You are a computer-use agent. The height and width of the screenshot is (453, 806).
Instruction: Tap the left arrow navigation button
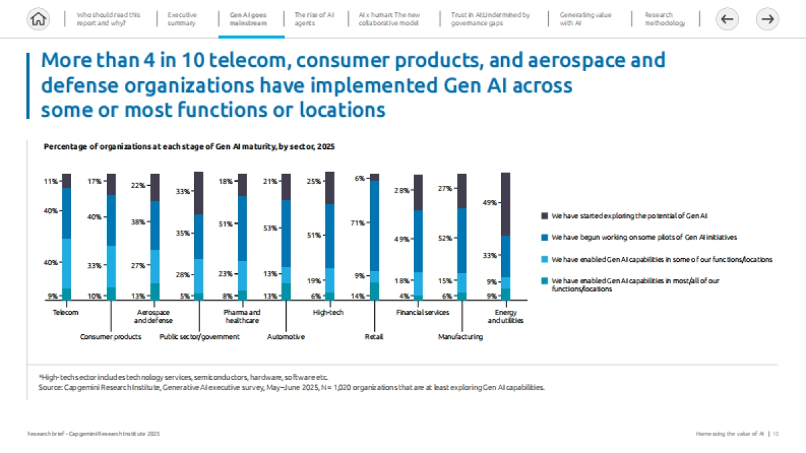click(726, 19)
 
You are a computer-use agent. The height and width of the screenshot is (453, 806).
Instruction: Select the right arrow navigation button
click(767, 19)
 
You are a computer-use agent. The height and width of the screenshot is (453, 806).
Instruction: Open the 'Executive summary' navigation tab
click(182, 19)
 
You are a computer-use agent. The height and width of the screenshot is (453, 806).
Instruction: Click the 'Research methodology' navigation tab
click(665, 19)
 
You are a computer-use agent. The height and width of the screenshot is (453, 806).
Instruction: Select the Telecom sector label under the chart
click(66, 313)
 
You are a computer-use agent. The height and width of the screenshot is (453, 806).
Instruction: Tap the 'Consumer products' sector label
click(111, 337)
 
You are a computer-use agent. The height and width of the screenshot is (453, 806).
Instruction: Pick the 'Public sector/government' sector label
click(199, 337)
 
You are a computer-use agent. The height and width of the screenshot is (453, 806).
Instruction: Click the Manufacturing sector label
click(460, 337)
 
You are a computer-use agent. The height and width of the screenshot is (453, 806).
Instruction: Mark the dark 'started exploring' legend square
click(544, 216)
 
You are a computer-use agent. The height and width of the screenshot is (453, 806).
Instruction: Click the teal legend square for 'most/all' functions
click(544, 281)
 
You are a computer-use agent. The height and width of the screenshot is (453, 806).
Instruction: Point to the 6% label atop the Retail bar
click(359, 179)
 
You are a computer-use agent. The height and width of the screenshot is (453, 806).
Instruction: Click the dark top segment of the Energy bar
click(506, 204)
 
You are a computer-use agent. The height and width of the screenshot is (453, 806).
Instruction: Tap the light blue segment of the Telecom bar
click(66, 263)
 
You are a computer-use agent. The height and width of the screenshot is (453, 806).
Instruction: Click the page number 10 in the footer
click(775, 435)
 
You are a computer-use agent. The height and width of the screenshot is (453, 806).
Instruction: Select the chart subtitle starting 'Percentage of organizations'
click(189, 146)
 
